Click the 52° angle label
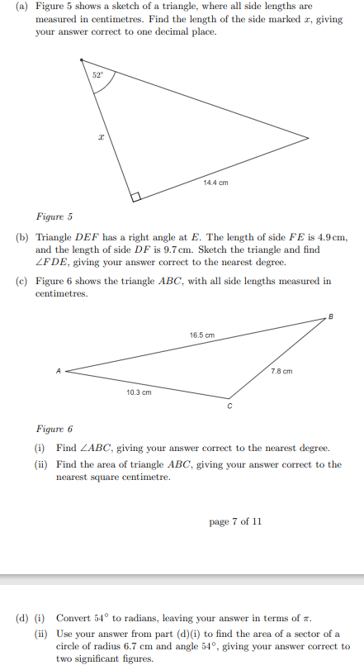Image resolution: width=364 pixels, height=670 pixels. [97, 74]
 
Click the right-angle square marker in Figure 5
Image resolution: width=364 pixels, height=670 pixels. [135, 197]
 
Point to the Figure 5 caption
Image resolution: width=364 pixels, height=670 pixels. [54, 217]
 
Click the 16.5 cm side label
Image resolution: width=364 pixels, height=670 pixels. [202, 335]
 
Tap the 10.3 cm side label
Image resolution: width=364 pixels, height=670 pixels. [139, 392]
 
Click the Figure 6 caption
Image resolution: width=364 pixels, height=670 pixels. [54, 430]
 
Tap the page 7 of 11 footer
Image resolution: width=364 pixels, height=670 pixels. [235, 521]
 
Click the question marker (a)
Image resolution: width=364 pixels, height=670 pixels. [22, 6]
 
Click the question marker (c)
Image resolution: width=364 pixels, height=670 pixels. [22, 281]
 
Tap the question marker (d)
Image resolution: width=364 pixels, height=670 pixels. [22, 618]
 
